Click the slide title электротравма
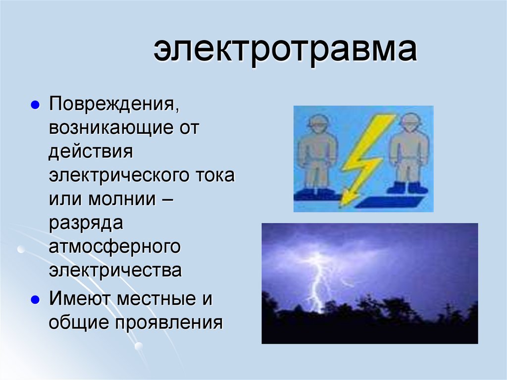(285, 52)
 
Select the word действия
(91, 152)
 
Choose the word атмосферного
(113, 247)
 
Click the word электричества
(115, 271)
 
